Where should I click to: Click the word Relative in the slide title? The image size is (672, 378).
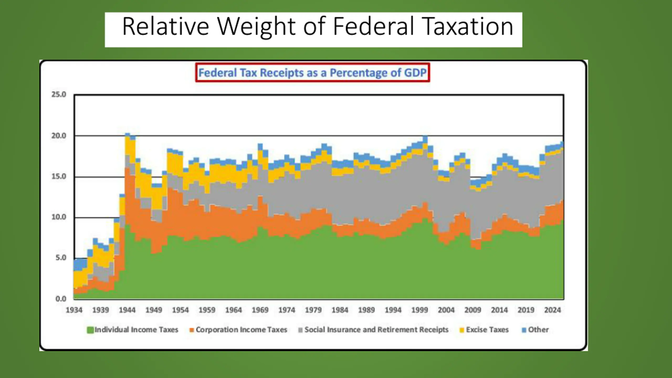[166, 26]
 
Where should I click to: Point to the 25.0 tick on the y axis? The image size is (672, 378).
[59, 94]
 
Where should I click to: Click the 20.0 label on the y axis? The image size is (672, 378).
[59, 136]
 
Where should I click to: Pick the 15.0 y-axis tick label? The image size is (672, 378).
[59, 176]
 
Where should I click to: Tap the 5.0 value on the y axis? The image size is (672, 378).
[61, 258]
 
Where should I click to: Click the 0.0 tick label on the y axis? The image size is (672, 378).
[61, 299]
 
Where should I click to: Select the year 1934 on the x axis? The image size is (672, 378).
[74, 310]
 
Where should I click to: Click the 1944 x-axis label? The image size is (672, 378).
[127, 310]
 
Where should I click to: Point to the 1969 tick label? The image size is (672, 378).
[260, 310]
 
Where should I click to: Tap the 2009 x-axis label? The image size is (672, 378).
[473, 310]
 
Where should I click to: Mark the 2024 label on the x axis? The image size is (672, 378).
[553, 310]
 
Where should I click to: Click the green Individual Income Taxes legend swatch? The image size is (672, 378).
[90, 330]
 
